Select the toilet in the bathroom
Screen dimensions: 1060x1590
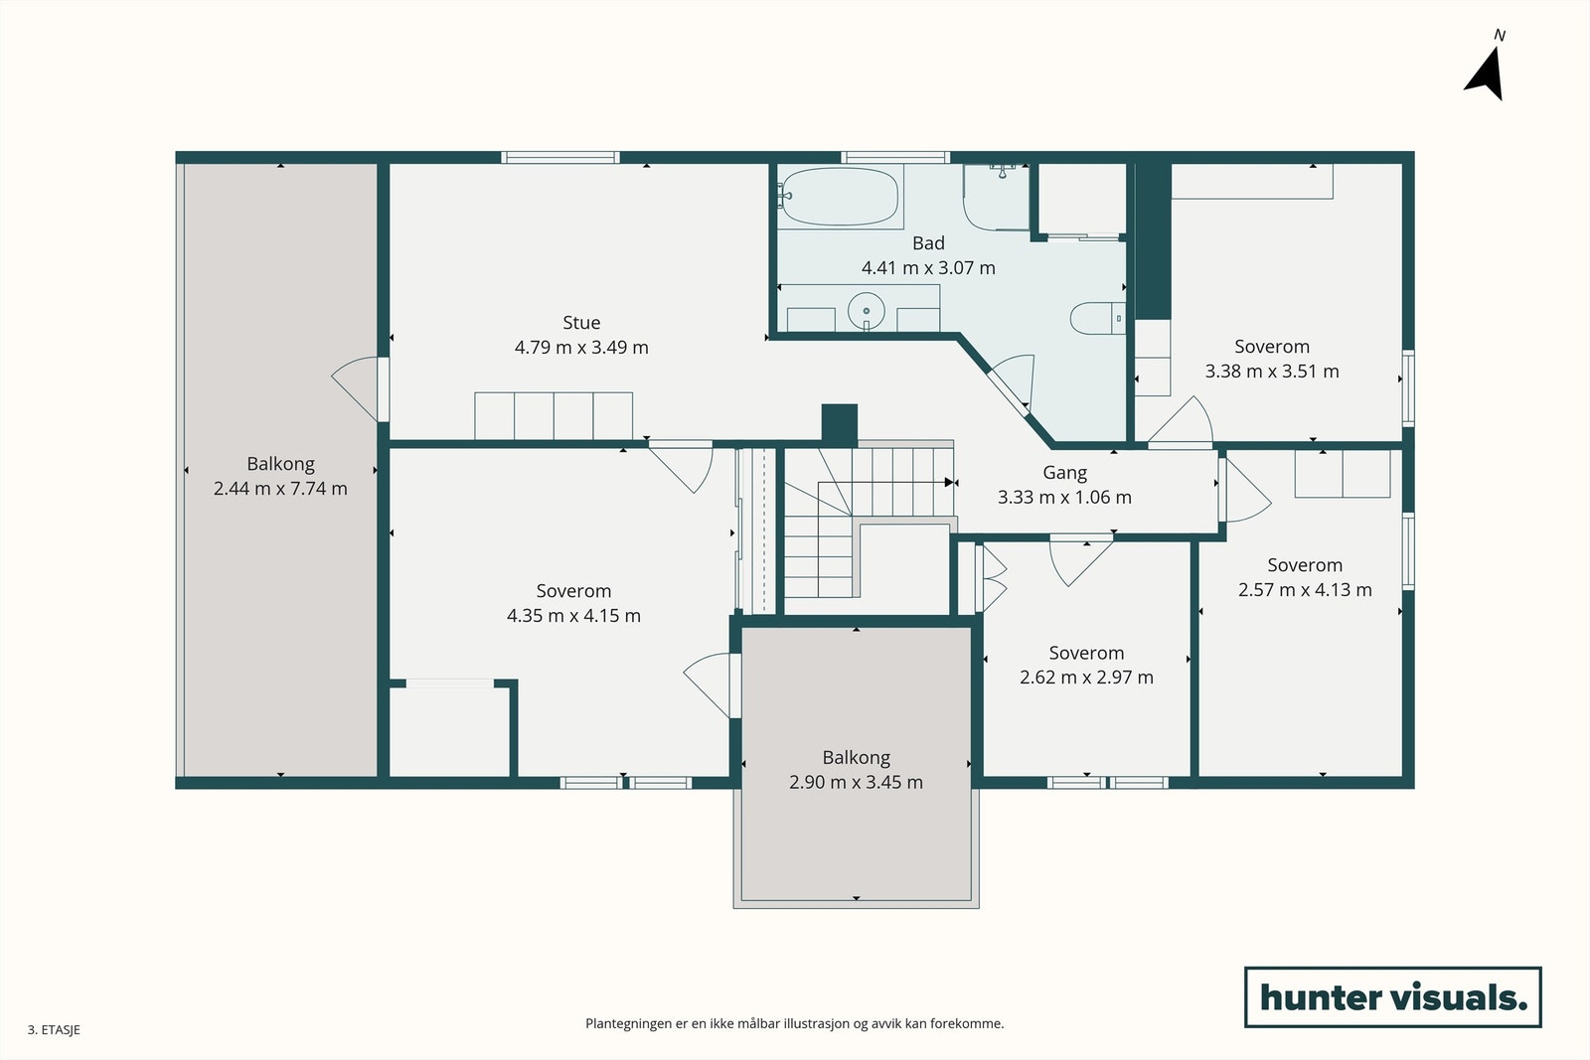point(1093,318)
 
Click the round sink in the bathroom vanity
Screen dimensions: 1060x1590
point(867,310)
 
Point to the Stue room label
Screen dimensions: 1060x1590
point(581,323)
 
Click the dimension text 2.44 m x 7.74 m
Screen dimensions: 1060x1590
point(280,489)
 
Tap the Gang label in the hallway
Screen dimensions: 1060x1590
point(1064,473)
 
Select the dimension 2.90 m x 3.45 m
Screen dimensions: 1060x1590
point(856,783)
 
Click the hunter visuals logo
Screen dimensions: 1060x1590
point(1392,996)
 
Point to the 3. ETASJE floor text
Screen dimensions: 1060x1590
point(54,1030)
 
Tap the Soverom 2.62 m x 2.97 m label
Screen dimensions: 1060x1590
point(1086,654)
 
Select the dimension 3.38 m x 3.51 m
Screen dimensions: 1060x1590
point(1272,372)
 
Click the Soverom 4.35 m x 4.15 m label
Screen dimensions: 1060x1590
point(573,591)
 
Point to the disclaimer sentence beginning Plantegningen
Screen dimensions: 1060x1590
point(794,1023)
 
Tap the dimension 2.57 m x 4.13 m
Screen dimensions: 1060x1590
point(1305,590)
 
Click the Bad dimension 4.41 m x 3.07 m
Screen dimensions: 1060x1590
point(928,268)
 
